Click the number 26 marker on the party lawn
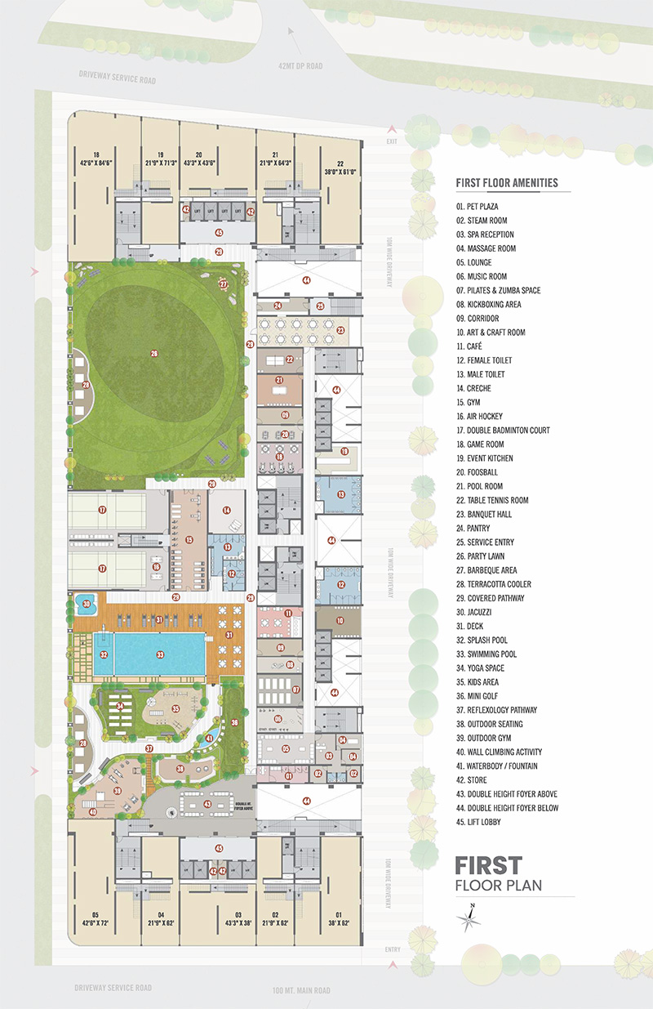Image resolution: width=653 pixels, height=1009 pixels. pos(153,353)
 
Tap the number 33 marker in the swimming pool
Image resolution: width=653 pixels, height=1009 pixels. pos(160,654)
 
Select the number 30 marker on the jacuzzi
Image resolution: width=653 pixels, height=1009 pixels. pos(85,605)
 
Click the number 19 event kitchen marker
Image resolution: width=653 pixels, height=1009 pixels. pos(344,451)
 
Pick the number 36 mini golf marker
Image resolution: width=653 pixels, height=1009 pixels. pos(234,722)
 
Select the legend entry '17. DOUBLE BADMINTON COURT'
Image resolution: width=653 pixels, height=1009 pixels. pos(503,430)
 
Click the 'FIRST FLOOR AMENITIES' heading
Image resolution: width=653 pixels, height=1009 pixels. pos(507,183)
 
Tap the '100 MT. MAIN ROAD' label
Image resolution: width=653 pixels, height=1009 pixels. pos(301,990)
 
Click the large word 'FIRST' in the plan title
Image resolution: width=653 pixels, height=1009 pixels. pos(488,865)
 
